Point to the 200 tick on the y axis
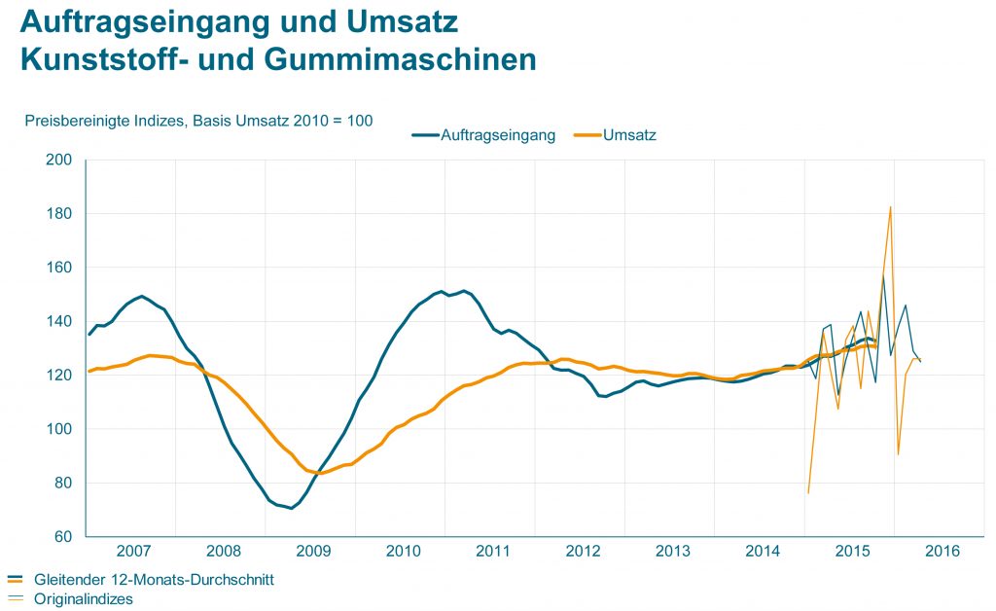[x=59, y=160]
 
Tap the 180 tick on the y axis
[x=59, y=213]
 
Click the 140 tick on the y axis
[x=59, y=321]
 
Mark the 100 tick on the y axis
[x=59, y=429]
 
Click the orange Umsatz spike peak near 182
[x=890, y=206]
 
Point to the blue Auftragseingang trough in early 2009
[x=291, y=508]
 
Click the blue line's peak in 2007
[x=142, y=296]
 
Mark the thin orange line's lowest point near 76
[x=808, y=493]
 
